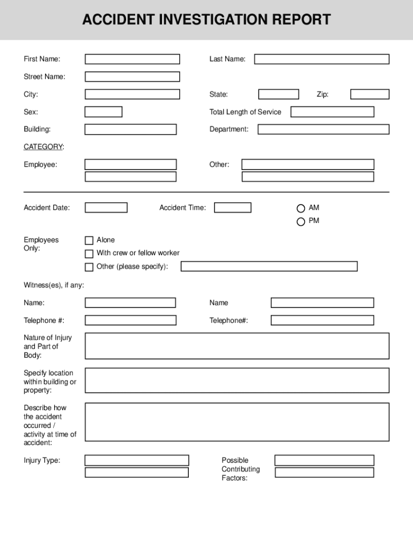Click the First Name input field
132,59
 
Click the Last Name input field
321,59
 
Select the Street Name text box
132,77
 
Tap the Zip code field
370,94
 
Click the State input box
278,94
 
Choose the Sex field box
104,112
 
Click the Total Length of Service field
332,112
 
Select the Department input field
323,129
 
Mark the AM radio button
301,209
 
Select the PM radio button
301,221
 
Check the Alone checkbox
89,241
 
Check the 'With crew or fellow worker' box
89,254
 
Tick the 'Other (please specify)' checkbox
89,267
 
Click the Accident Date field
106,207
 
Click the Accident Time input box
232,207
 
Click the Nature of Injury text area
237,346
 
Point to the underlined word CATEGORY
43,147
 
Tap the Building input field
130,129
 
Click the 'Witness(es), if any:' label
54,285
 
